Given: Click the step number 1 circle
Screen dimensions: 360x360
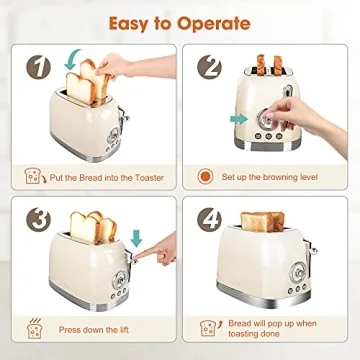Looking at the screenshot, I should pos(38,69).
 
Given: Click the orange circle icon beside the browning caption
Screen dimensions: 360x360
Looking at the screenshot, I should pos(206,176).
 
